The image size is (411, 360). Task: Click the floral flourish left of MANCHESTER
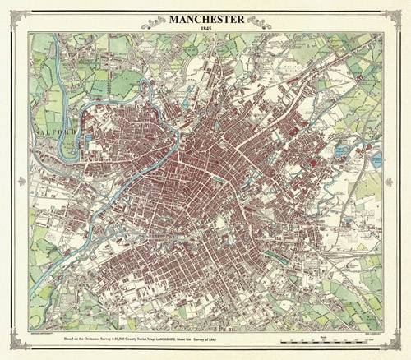click(152, 23)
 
